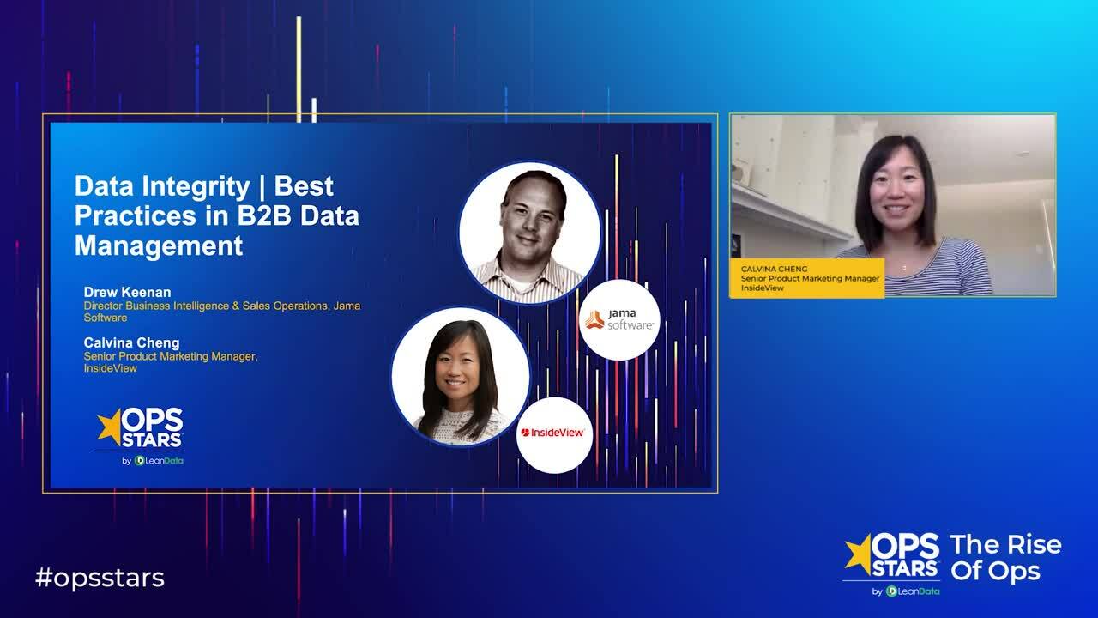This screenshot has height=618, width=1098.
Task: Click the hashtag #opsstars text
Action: pos(100,578)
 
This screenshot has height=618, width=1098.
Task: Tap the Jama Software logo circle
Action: pos(619,319)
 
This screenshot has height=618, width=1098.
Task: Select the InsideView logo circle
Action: pos(554,433)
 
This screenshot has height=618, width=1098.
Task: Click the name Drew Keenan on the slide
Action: pos(127,292)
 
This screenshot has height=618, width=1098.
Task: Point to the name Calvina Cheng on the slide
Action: pos(131,342)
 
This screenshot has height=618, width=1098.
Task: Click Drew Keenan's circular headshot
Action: pos(529,232)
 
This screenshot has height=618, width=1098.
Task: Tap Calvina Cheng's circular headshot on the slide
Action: pos(461,378)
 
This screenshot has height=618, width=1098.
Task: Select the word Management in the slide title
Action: pos(159,245)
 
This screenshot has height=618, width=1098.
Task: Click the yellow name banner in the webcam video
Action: pos(806,278)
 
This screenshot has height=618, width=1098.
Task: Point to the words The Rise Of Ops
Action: pos(1005,558)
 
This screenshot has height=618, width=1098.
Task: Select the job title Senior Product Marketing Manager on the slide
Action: pos(170,356)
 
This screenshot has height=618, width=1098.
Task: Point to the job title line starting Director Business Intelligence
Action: pos(227,306)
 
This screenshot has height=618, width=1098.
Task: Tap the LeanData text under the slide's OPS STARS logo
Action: pos(164,460)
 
